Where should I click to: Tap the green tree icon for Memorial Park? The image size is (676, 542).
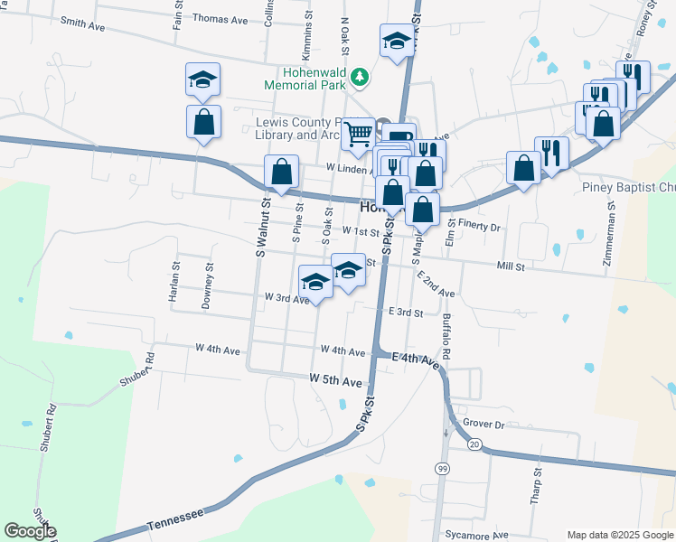[x=361, y=77]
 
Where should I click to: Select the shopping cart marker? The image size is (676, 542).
[x=359, y=135]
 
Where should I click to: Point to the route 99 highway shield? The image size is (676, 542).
[x=442, y=468]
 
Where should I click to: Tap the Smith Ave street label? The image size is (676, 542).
[x=81, y=25]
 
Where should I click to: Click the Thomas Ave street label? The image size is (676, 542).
[x=220, y=18]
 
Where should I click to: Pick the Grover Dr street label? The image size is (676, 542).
[x=481, y=423]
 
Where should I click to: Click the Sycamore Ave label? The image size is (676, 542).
[x=482, y=536]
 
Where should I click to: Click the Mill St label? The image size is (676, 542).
[x=511, y=266]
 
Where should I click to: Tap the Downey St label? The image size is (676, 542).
[x=208, y=285]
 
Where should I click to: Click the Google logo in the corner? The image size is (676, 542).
[x=30, y=531]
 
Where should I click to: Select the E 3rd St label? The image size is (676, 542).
[x=406, y=312]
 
